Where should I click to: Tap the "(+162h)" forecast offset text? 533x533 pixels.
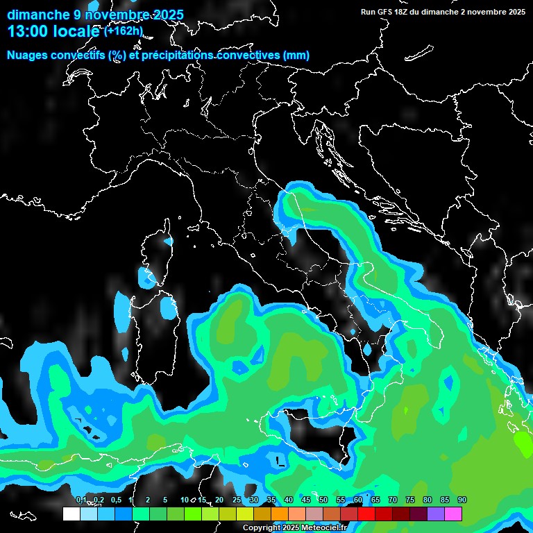coord(124,31)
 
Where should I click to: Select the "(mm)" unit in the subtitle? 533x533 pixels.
coord(296,56)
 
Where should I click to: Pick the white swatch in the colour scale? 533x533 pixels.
coord(71,514)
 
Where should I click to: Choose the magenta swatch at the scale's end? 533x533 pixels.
coord(454,514)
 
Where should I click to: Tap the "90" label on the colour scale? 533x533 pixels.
coord(462,500)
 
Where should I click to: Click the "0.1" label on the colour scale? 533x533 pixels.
coord(81,500)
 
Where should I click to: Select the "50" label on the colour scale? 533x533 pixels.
coord(323,500)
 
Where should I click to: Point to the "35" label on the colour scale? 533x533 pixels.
coord(271,500)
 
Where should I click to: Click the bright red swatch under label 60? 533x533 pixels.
coord(366,514)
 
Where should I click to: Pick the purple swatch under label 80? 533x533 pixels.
coord(436,514)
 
